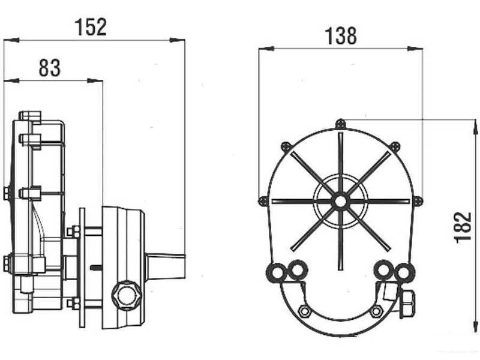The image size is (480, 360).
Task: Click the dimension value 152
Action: click(x=91, y=26)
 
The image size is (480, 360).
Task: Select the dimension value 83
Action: click(x=50, y=68)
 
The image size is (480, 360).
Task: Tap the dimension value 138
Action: click(x=341, y=36)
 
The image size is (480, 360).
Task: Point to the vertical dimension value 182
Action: click(x=463, y=227)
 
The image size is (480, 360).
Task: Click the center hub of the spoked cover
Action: click(x=340, y=201)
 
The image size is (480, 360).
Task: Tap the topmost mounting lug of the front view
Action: click(x=340, y=123)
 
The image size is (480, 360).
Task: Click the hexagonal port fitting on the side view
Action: click(x=126, y=295)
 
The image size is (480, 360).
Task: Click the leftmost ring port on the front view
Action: click(x=277, y=272)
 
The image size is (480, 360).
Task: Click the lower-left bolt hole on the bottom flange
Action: click(x=305, y=311)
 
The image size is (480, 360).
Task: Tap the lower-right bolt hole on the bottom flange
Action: click(x=376, y=311)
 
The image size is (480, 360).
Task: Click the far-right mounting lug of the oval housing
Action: click(x=418, y=200)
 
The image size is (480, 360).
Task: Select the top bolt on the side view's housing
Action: click(x=29, y=115)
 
